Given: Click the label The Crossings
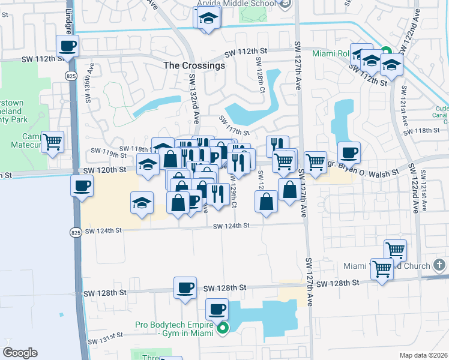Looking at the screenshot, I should pyautogui.click(x=194, y=65).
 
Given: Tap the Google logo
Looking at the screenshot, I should pyautogui.click(x=20, y=353).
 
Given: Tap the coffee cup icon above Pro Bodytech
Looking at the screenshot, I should pyautogui.click(x=217, y=310).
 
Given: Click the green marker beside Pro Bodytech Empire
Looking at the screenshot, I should pyautogui.click(x=223, y=328).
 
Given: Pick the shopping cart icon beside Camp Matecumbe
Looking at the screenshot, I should pyautogui.click(x=53, y=143).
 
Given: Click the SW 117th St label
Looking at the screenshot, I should pyautogui.click(x=234, y=125).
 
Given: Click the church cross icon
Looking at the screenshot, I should pyautogui.click(x=439, y=265).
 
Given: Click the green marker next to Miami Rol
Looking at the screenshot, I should pyautogui.click(x=386, y=52).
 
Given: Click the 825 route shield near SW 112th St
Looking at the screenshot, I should pyautogui.click(x=70, y=74).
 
